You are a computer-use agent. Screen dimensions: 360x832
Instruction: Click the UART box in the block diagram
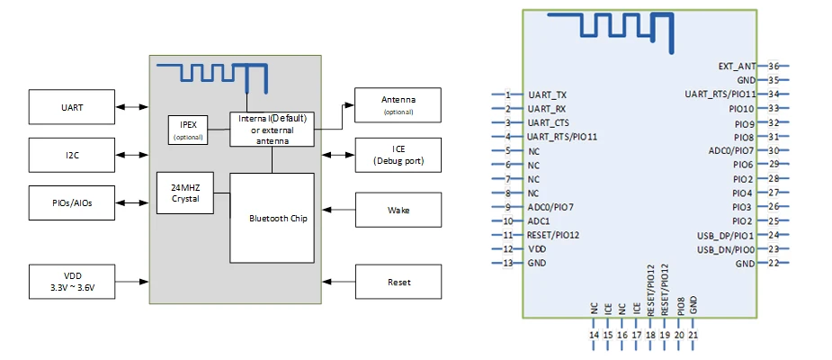pos(72,107)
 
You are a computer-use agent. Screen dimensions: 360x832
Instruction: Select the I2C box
pos(72,155)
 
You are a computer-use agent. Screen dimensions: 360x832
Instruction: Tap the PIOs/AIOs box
pos(72,203)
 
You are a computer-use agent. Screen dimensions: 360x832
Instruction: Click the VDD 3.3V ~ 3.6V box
pos(72,282)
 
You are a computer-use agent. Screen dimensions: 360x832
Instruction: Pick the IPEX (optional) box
pos(188,130)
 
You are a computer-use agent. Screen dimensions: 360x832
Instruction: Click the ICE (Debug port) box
pos(398,155)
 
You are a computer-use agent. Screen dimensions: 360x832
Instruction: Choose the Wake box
pos(398,210)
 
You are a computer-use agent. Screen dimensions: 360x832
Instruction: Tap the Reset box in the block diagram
pos(398,282)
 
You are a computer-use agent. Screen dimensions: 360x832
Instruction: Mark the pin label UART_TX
pos(548,94)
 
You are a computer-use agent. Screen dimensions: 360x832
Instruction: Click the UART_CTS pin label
pos(549,122)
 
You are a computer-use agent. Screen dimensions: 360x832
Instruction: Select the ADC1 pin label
pos(539,220)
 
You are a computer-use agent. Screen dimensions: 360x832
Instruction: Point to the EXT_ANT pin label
pos(737,66)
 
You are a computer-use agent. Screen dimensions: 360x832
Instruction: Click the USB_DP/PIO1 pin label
pos(725,235)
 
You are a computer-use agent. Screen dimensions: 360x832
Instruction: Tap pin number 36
pos(773,66)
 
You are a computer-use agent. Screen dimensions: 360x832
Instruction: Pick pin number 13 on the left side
pos(508,263)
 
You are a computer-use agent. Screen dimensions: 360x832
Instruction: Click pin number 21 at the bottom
pos(693,335)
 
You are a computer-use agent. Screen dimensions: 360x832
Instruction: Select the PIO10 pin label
pos(742,108)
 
